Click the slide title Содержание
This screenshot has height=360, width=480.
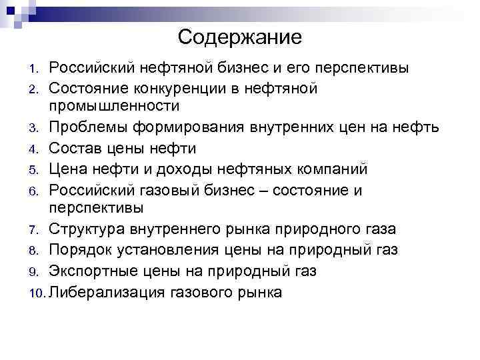(240, 37)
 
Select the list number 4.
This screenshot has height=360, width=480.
(37, 149)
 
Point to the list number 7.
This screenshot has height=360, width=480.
(37, 230)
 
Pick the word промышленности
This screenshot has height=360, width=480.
(114, 106)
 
